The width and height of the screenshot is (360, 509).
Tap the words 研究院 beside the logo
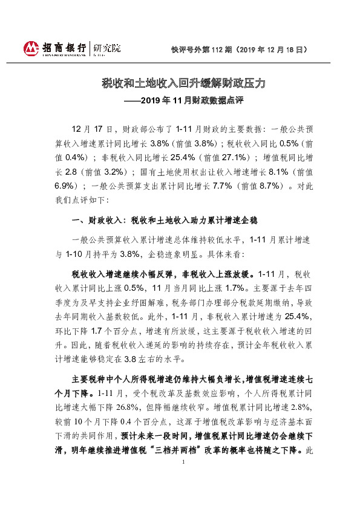(106, 47)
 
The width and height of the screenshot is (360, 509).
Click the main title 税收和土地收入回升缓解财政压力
(180, 83)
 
